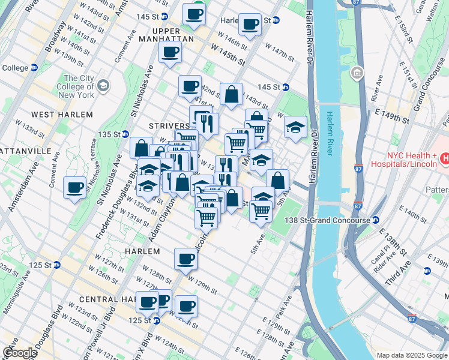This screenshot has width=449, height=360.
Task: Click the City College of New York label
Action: pyautogui.click(x=78, y=86)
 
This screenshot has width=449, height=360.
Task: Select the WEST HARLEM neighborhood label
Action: pyautogui.click(x=62, y=115)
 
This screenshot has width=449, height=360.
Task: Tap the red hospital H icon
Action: pyautogui.click(x=445, y=159)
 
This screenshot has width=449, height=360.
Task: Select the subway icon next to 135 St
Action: pyautogui.click(x=125, y=134)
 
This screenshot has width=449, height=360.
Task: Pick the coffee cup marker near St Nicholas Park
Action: pyautogui.click(x=75, y=188)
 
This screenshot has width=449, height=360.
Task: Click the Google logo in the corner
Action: pyautogui.click(x=20, y=353)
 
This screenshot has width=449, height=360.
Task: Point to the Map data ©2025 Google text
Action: pyautogui.click(x=412, y=355)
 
